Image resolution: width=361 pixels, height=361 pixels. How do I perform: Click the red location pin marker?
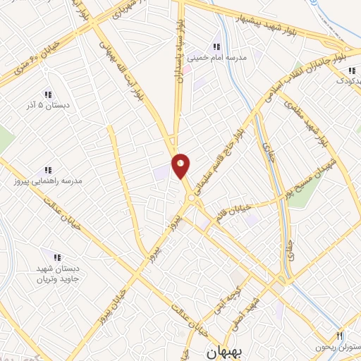181,165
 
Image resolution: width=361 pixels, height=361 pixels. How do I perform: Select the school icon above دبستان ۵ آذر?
48,94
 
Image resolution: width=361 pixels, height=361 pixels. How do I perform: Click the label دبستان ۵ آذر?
48,106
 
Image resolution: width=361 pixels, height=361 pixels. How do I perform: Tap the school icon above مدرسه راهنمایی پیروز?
48,170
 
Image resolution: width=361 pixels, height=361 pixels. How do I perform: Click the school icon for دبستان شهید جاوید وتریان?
57,258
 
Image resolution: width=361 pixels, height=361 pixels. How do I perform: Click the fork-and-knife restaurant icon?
340,336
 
